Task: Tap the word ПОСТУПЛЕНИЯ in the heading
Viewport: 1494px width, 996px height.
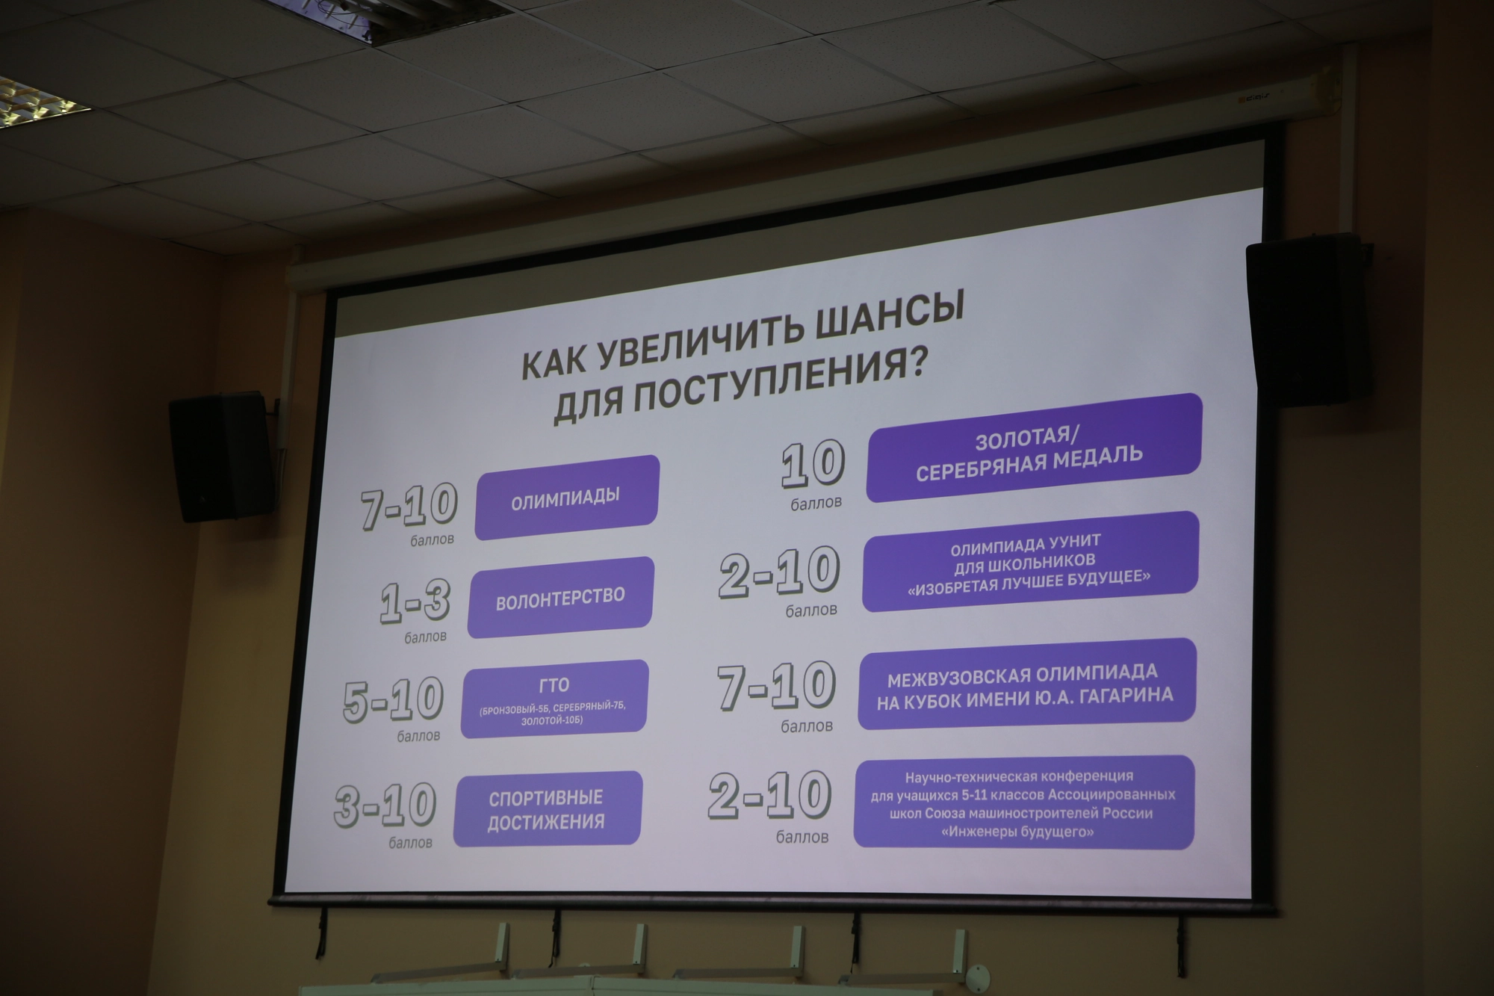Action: point(776,384)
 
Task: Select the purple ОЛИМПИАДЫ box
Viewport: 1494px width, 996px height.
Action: point(567,498)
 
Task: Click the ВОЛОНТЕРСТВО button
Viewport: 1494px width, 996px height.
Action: point(561,598)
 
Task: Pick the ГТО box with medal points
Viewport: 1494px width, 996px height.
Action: point(554,699)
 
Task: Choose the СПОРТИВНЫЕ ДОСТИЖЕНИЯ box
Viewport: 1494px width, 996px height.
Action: point(548,809)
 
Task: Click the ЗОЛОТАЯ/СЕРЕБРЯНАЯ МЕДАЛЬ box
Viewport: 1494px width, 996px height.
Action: point(1034,448)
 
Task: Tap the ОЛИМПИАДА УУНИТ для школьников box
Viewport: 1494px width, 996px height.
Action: point(1030,562)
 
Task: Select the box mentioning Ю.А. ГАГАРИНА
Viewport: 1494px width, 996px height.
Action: point(1026,684)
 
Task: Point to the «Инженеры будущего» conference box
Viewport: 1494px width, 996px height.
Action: point(1023,802)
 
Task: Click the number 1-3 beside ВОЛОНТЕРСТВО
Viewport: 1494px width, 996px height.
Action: point(415,602)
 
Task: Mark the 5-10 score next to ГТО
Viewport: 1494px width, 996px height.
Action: point(394,701)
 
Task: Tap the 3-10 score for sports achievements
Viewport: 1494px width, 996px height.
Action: point(385,805)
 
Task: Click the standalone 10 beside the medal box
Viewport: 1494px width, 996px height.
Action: point(813,463)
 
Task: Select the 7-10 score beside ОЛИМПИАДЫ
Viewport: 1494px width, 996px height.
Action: point(409,506)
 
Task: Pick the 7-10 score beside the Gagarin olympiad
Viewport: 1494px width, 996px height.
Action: point(776,686)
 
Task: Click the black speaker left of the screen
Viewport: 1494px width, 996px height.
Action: point(222,457)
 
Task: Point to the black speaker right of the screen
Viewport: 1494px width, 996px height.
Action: point(1309,321)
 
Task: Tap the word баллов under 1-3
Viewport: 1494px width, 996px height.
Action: point(425,637)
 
